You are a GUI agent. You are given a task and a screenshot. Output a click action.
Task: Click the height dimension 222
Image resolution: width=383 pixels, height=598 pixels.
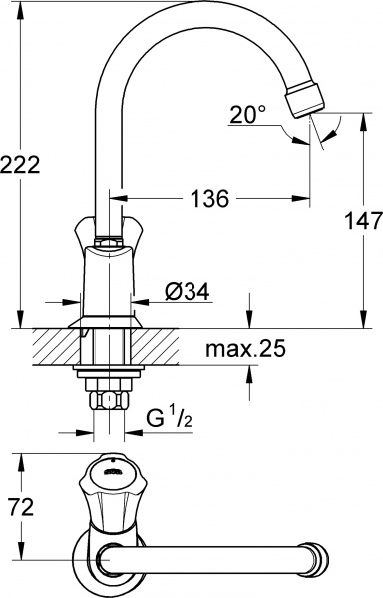(x=21, y=165)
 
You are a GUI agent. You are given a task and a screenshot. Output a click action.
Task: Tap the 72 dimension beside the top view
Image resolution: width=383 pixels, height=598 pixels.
(x=21, y=508)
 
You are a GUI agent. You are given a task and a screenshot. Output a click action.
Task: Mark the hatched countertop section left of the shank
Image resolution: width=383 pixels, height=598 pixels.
(x=56, y=348)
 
